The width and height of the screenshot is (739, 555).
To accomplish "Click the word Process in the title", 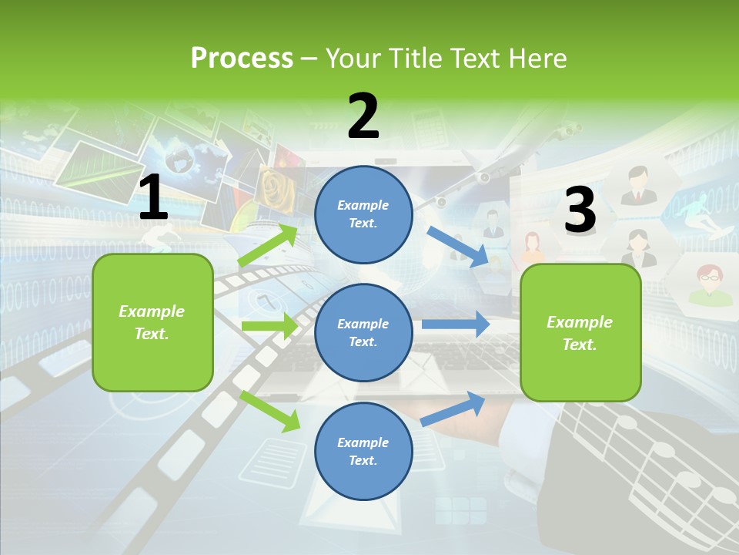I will [242, 58].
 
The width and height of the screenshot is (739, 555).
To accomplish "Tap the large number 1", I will [153, 198].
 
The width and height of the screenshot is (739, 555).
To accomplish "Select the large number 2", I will [363, 116].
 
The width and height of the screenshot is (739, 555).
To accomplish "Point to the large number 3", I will [580, 210].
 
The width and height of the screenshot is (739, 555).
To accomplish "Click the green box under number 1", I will [152, 322].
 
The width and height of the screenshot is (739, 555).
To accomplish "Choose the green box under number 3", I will [580, 332].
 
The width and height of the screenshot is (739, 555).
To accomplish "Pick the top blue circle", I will [363, 214].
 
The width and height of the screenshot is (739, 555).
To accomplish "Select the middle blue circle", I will [363, 332].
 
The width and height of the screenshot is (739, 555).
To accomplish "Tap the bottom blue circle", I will [363, 451].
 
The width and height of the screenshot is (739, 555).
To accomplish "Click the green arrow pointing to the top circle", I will [268, 247].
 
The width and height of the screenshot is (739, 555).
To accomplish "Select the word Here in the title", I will [539, 58].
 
